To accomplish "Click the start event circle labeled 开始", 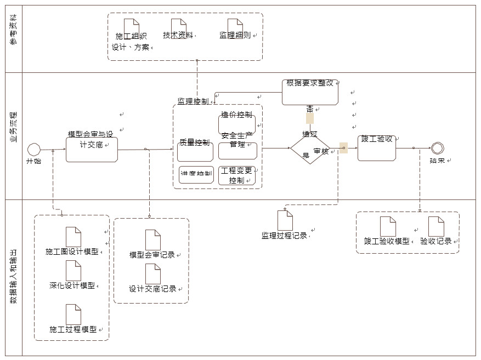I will (34, 149).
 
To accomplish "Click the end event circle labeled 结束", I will (437, 148).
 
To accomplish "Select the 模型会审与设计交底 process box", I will (92, 149).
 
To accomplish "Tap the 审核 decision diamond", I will (310, 148).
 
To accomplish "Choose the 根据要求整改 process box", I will (310, 92).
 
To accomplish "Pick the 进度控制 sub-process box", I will (196, 174).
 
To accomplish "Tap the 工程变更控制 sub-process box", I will (237, 175).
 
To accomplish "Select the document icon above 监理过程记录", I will (285, 220).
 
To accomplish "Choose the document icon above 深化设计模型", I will (73, 271).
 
